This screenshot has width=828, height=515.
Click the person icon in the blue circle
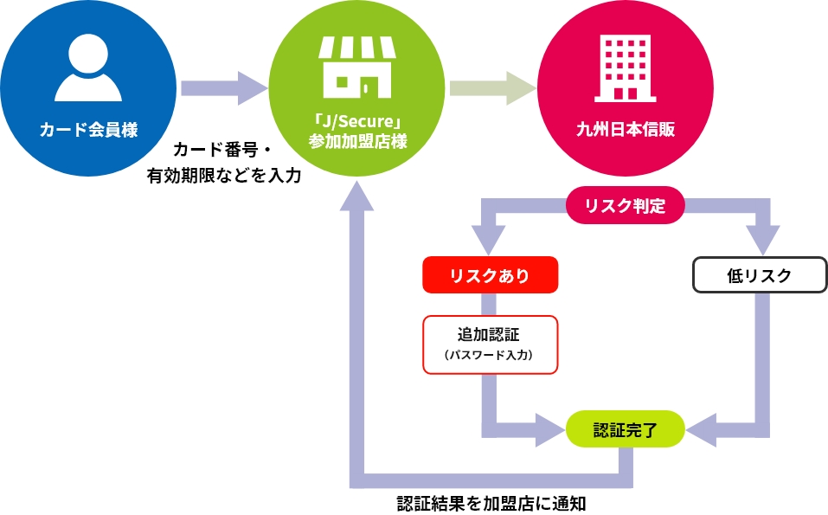tap(88, 68)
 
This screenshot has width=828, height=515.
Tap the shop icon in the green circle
tap(357, 68)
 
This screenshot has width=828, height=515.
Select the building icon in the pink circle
tap(626, 68)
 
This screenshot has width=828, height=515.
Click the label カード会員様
tap(89, 130)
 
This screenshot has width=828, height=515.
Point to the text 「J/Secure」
tap(357, 121)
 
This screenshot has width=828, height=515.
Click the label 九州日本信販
tap(626, 130)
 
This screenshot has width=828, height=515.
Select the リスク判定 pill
tap(626, 205)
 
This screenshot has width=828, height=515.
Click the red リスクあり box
tap(490, 274)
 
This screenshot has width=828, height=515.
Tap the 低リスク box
tap(760, 274)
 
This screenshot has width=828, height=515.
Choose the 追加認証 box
tap(490, 344)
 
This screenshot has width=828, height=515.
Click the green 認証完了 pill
tap(626, 429)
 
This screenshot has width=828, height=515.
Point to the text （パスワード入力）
tap(489, 355)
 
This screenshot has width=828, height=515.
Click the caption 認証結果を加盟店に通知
tap(491, 504)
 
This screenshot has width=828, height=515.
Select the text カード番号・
tap(222, 150)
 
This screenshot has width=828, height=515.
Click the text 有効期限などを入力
tap(224, 176)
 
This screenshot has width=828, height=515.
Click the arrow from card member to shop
tap(224, 88)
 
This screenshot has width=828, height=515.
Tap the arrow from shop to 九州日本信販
tap(493, 88)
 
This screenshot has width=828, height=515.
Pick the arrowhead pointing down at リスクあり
tap(489, 239)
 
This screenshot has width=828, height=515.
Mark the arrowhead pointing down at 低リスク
tap(762, 239)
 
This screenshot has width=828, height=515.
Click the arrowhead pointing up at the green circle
tap(357, 196)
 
